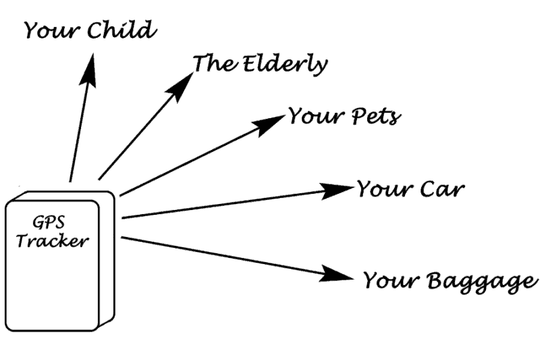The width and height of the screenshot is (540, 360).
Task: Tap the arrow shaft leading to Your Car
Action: (x=223, y=205)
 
